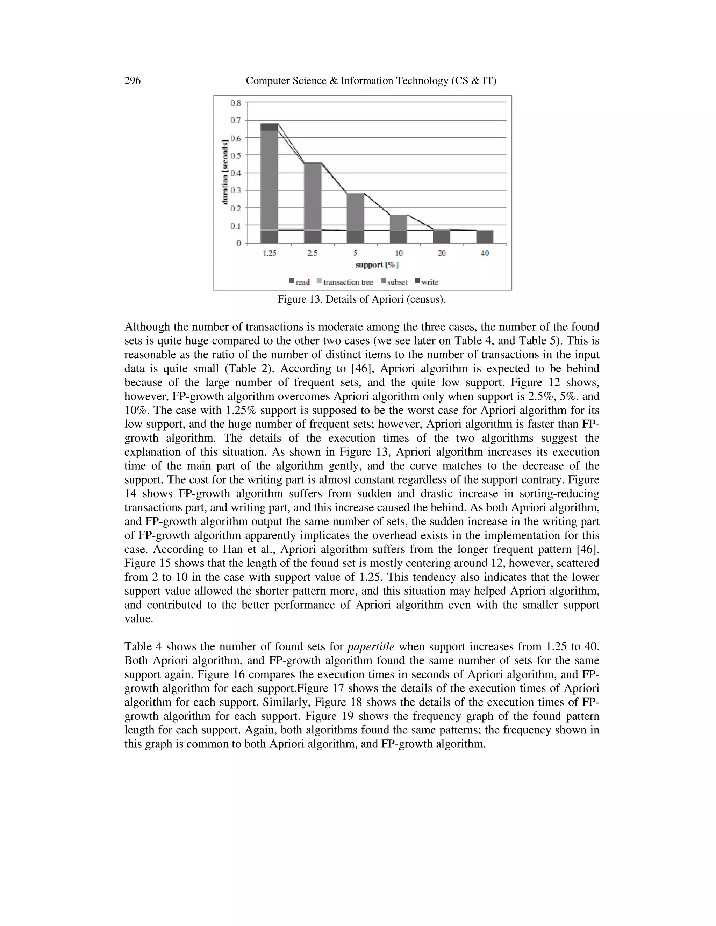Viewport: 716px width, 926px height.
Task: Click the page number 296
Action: (133, 81)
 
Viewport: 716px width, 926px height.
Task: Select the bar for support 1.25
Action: (269, 182)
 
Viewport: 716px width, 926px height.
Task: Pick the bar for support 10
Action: (398, 229)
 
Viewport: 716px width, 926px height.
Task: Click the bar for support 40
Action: (485, 237)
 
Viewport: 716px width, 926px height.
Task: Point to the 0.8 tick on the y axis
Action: (235, 103)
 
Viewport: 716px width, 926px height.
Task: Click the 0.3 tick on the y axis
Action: (235, 190)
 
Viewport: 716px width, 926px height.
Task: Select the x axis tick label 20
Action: (442, 253)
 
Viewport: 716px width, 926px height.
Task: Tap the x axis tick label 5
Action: (355, 253)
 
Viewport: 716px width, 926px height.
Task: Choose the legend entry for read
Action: (300, 282)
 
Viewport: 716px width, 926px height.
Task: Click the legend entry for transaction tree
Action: (344, 282)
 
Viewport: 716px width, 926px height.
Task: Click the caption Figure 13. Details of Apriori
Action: (361, 300)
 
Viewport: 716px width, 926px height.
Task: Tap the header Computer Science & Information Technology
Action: (371, 81)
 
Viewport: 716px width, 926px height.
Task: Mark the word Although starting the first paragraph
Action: (145, 327)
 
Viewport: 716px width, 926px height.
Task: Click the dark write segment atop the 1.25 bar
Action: (269, 127)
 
